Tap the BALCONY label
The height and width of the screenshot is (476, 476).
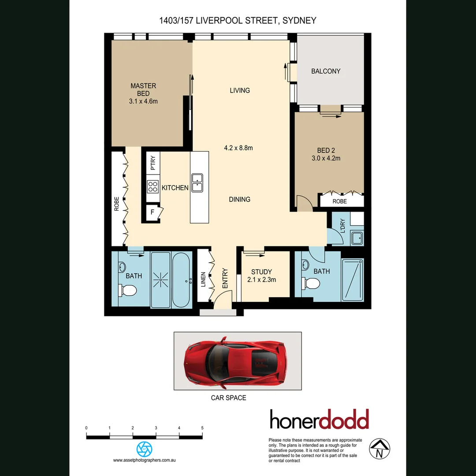pyautogui.click(x=326, y=71)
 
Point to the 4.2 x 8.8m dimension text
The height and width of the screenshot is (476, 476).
pyautogui.click(x=238, y=148)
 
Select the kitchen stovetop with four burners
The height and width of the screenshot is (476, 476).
pyautogui.click(x=153, y=187)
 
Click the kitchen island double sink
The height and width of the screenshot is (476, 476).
pyautogui.click(x=197, y=182)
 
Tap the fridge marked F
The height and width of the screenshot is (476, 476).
pyautogui.click(x=152, y=212)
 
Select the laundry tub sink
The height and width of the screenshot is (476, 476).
pyautogui.click(x=356, y=238)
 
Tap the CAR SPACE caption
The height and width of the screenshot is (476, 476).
pyautogui.click(x=229, y=398)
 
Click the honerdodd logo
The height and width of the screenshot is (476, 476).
pyautogui.click(x=319, y=420)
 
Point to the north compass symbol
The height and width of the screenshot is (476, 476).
pyautogui.click(x=379, y=449)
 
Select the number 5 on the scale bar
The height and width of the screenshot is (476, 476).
pyautogui.click(x=202, y=428)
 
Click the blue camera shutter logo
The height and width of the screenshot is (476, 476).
pyautogui.click(x=144, y=449)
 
